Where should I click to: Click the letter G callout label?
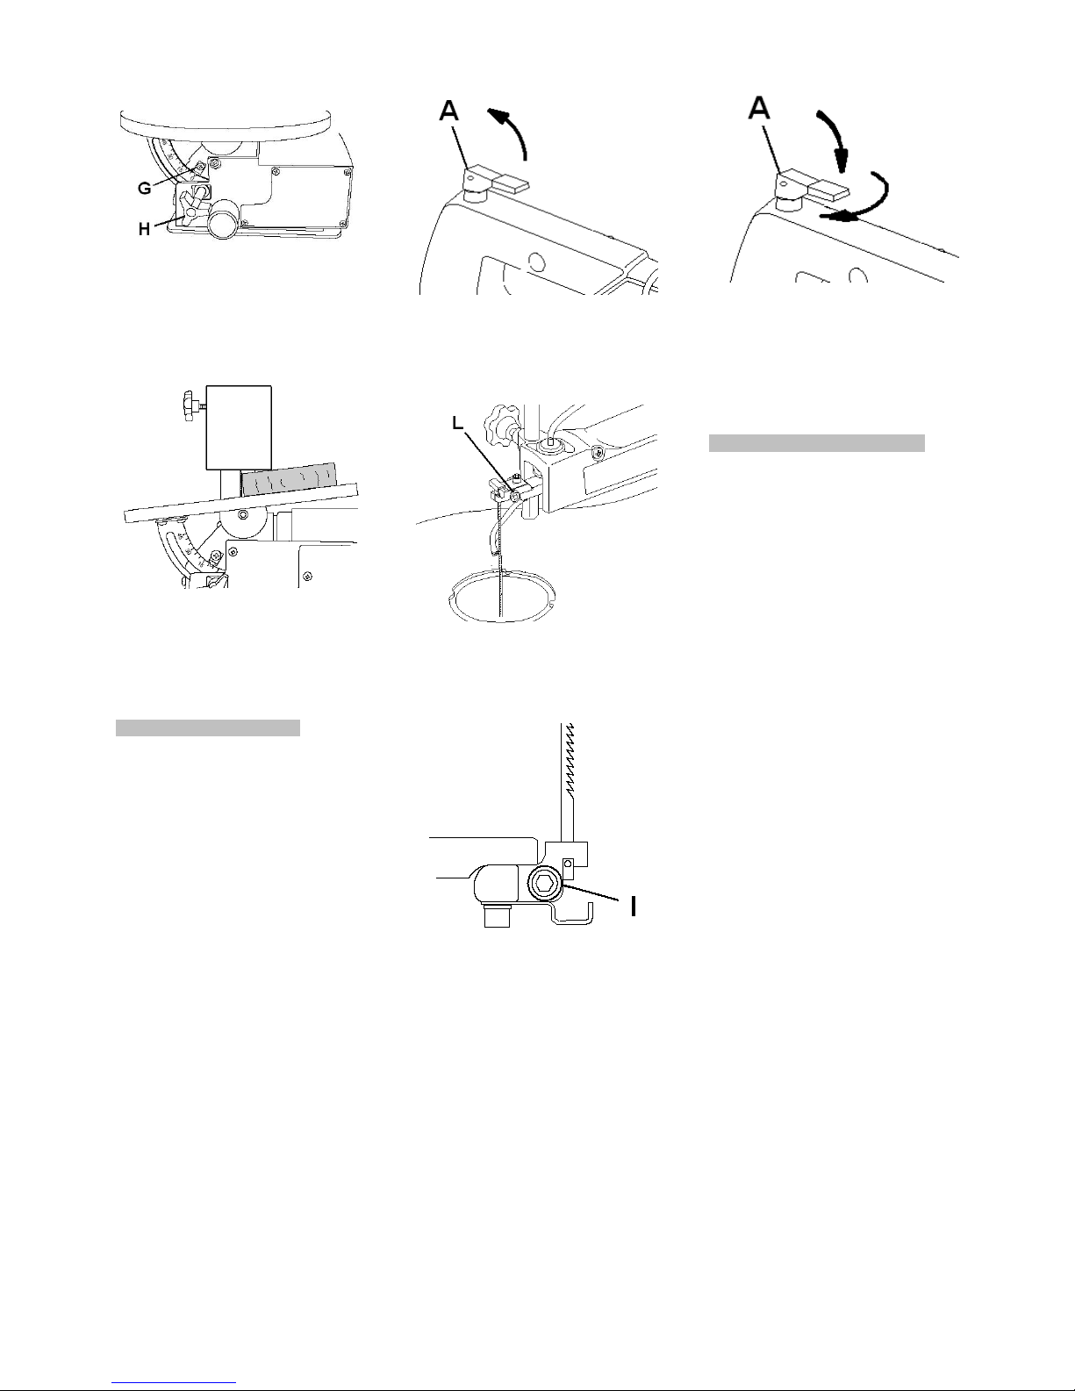click(x=145, y=188)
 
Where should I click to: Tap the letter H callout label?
click(x=145, y=229)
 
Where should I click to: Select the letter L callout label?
click(x=457, y=423)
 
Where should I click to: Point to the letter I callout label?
click(x=633, y=906)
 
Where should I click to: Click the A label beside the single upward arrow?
click(x=449, y=111)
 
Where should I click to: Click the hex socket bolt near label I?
click(x=545, y=886)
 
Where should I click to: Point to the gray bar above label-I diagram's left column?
click(x=208, y=728)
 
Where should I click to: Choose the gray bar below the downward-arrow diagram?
click(x=816, y=443)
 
